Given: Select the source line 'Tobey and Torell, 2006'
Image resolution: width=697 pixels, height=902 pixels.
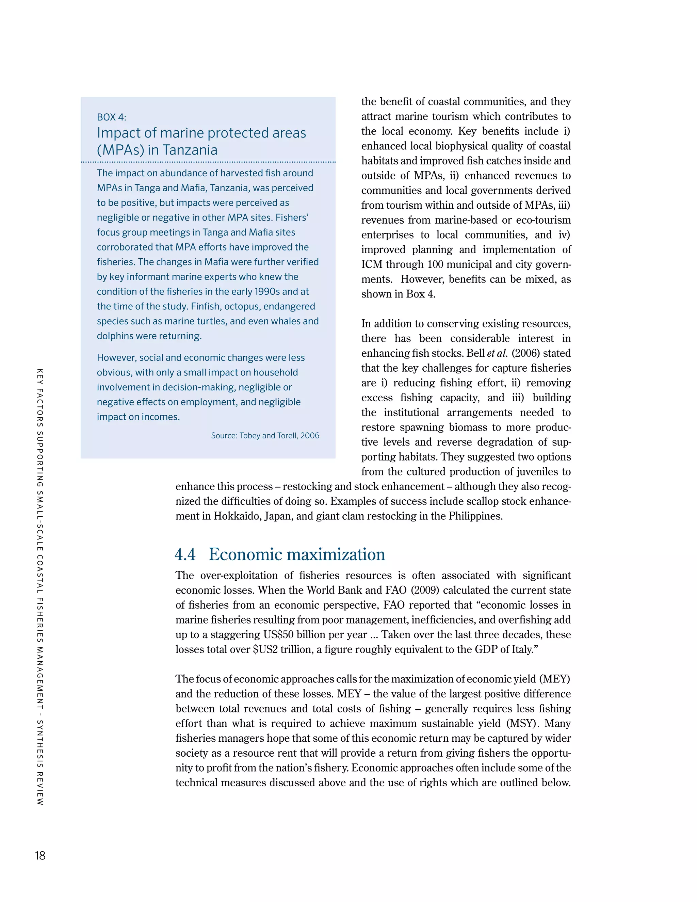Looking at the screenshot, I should coord(265,435).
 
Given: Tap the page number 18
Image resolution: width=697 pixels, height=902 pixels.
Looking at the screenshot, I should coord(40,855).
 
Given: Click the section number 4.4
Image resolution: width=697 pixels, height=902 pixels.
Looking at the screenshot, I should coord(185,554).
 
